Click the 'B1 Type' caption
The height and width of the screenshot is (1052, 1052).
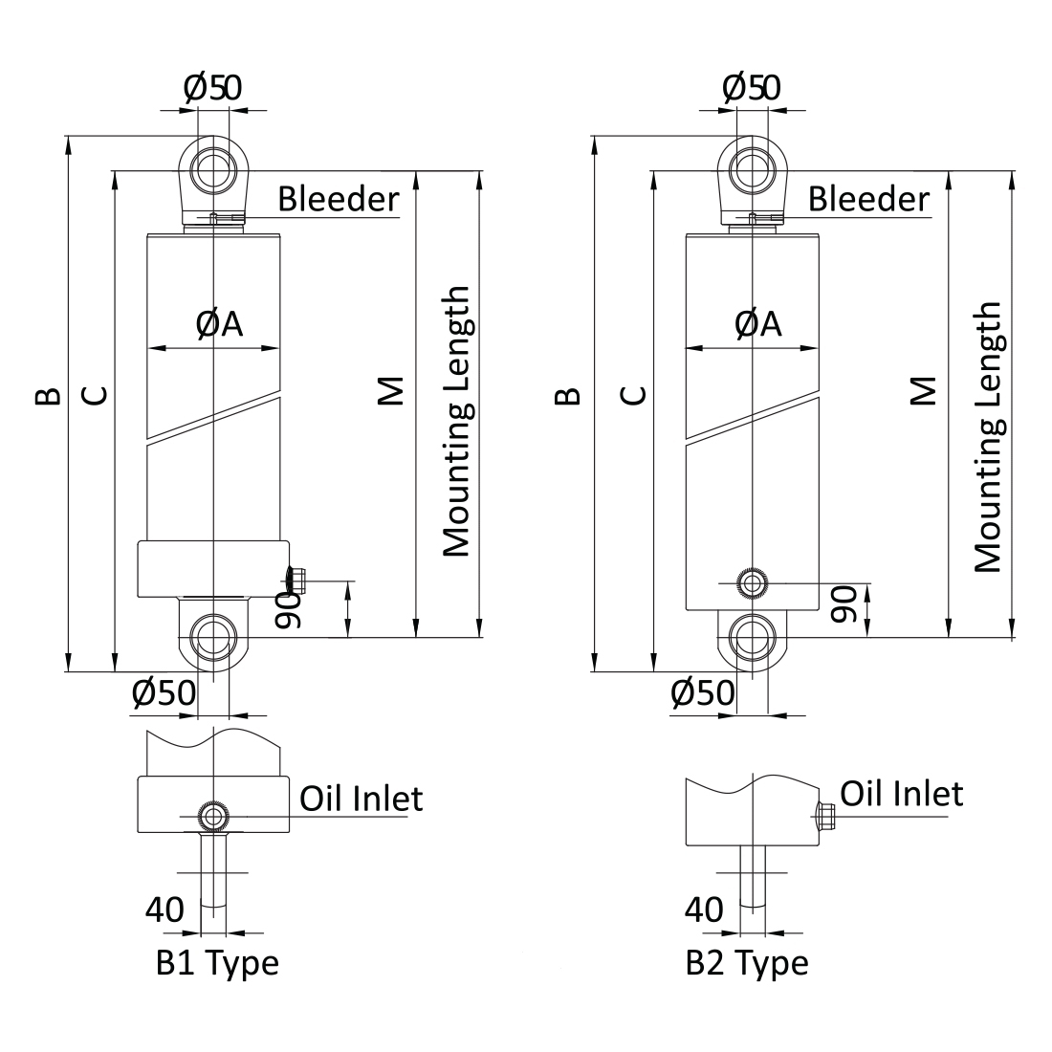tap(217, 961)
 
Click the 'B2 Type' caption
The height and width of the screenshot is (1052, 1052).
tap(747, 961)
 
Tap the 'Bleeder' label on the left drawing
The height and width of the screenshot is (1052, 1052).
tap(338, 199)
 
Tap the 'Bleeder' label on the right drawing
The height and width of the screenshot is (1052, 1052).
tap(868, 199)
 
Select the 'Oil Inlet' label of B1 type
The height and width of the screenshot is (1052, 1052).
tap(362, 797)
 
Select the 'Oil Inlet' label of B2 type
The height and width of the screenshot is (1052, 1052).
tap(902, 793)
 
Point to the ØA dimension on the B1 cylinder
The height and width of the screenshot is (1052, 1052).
tap(220, 325)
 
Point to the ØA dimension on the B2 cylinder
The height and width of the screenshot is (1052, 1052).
tap(758, 325)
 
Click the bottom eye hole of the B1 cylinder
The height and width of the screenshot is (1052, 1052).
tap(213, 636)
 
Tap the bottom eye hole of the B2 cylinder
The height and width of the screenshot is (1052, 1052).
tap(753, 636)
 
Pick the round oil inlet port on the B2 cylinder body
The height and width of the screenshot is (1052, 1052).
tap(753, 581)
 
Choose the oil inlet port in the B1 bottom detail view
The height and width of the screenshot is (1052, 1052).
tap(211, 816)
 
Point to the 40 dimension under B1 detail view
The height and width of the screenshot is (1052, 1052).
tap(164, 910)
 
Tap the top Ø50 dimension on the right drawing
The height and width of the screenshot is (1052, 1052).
tap(752, 88)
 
